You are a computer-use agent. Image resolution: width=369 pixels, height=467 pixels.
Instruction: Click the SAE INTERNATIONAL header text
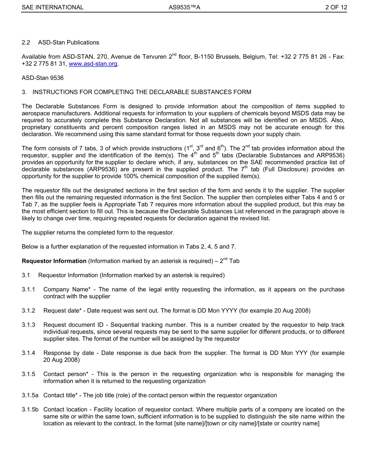52,7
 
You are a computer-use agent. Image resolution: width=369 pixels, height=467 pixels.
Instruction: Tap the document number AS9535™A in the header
184,7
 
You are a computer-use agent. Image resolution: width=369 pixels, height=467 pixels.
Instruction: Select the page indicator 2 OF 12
336,7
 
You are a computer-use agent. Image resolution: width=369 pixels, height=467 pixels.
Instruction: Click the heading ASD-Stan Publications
68,42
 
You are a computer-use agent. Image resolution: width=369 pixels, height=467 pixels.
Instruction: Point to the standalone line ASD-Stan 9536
43,78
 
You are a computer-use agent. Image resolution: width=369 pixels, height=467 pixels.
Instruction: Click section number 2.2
26,42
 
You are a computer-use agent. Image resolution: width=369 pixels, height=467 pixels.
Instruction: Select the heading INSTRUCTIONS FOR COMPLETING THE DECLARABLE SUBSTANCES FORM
142,92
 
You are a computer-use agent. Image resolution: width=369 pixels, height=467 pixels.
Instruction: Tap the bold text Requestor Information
54,261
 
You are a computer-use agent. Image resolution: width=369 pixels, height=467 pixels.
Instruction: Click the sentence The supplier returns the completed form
98,233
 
